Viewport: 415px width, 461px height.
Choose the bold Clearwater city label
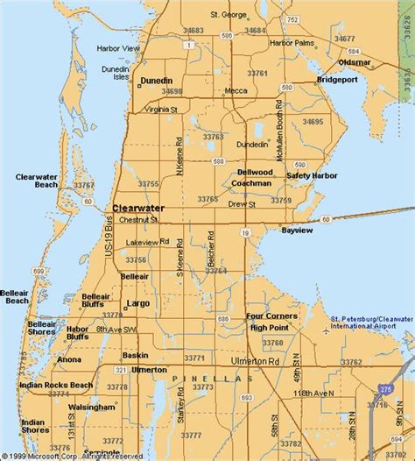click(135, 209)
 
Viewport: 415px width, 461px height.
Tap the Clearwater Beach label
click(37, 181)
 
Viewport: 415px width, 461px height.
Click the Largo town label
click(138, 303)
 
